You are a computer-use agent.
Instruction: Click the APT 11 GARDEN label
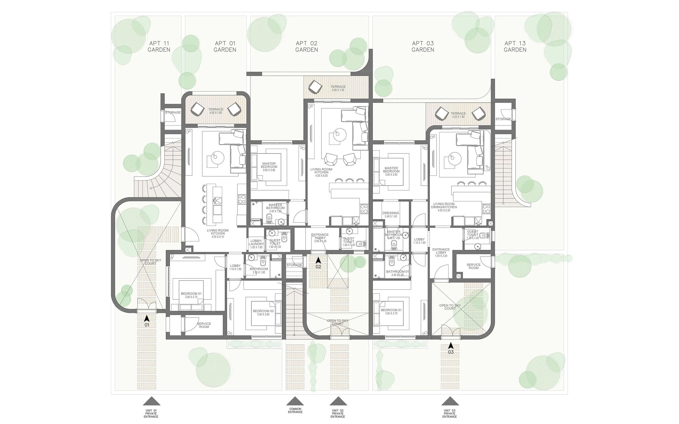[x=159, y=47]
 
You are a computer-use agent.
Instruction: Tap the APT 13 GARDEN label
[x=515, y=47]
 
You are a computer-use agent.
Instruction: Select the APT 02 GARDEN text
[x=307, y=47]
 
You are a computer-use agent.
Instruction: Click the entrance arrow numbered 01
[x=146, y=318]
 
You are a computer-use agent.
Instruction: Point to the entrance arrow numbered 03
[x=451, y=346]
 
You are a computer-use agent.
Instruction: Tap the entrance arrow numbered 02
[x=318, y=261]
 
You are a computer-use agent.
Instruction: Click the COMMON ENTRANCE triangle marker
[x=295, y=401]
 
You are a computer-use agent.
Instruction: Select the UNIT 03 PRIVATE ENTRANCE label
[x=449, y=413]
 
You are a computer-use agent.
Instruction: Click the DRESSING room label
[x=391, y=213]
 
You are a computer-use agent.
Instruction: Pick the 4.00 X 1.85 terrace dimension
[x=216, y=113]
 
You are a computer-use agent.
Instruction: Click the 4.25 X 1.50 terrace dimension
[x=458, y=117]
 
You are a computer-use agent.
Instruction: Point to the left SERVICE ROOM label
[x=204, y=325]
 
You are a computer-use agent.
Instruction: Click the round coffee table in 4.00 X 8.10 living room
[x=217, y=157]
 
